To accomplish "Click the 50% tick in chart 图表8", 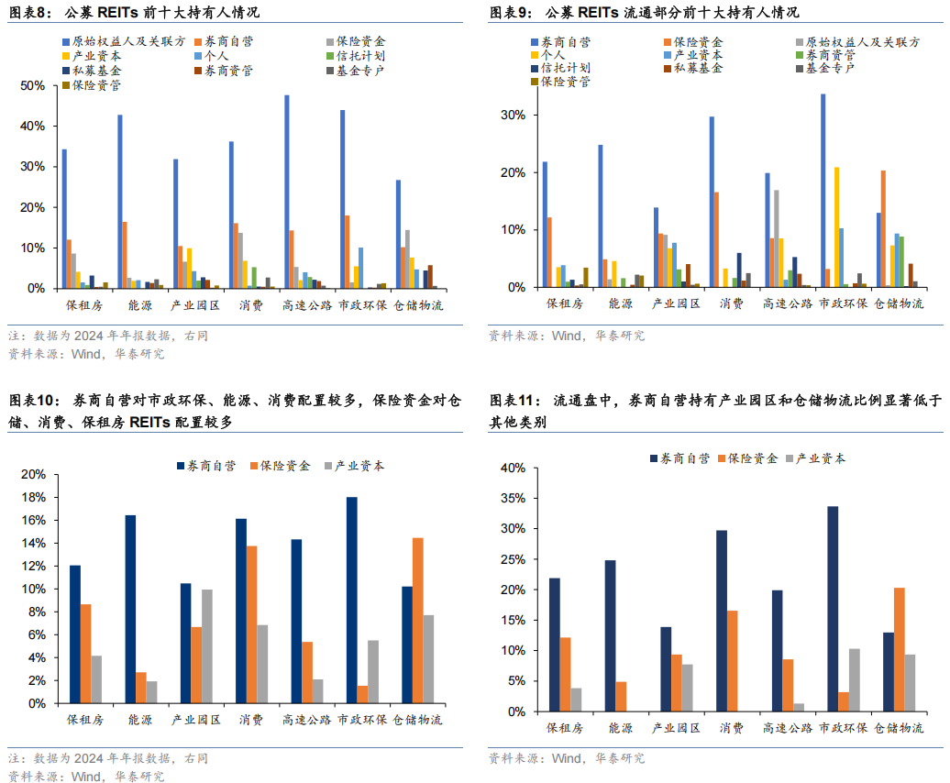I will [33, 85].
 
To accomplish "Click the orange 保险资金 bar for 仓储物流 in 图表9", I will [883, 228].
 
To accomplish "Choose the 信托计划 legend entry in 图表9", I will [566, 69].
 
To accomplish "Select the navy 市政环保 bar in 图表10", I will [351, 600].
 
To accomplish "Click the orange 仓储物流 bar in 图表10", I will [417, 620].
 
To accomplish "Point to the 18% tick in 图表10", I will [33, 497].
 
